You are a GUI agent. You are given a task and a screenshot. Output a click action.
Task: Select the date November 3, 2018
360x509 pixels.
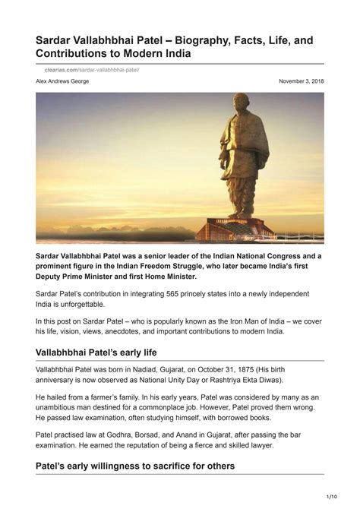301,81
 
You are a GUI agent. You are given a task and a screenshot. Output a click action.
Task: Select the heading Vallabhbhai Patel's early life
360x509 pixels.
107,352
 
